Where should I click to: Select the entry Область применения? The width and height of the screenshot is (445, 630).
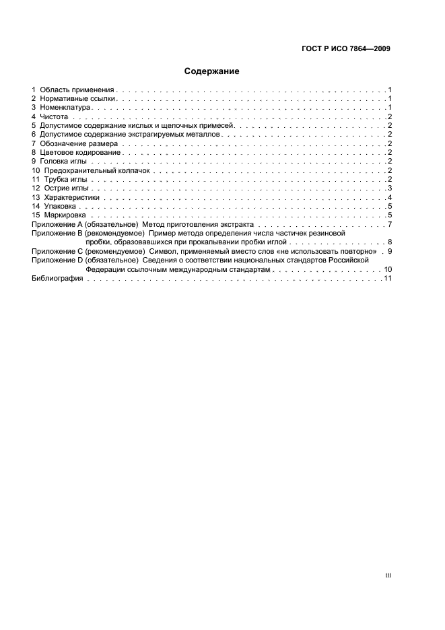(x=77, y=90)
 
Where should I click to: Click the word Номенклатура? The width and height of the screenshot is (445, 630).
(x=65, y=107)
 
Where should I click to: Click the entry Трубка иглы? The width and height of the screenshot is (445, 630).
(x=66, y=180)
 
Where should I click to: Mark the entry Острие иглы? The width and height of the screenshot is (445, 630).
(x=66, y=188)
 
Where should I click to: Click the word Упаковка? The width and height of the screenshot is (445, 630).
(x=60, y=207)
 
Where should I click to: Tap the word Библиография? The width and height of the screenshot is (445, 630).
(x=57, y=279)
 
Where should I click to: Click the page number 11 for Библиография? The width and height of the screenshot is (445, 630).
(x=387, y=279)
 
